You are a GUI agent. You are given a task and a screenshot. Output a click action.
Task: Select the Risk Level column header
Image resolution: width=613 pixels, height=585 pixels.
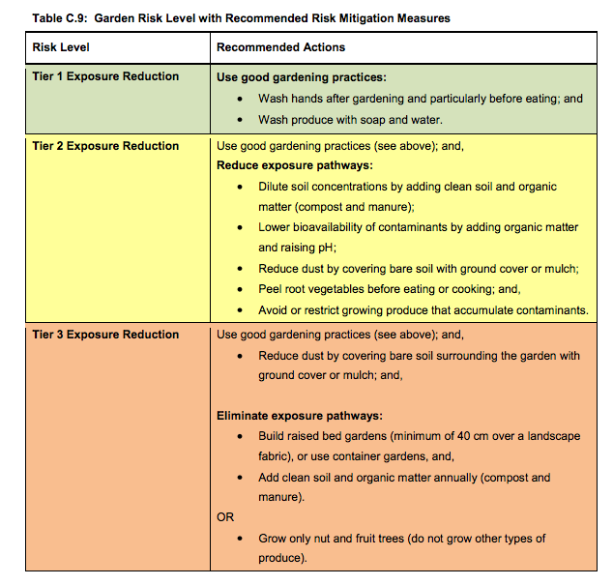[61, 47]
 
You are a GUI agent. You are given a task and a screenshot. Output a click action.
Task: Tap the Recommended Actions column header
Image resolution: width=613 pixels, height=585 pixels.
[280, 47]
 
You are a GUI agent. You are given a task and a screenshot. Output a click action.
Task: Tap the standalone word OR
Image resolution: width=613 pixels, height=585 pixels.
[225, 517]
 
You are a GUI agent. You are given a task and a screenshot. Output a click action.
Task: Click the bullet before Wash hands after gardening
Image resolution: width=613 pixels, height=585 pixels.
[241, 100]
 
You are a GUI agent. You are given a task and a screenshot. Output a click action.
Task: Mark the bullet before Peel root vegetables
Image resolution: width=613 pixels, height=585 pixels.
[241, 289]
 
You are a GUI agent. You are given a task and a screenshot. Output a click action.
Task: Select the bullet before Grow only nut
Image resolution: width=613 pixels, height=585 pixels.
[241, 539]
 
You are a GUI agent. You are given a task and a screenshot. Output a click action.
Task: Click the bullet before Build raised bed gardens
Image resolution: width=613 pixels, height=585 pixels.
[241, 436]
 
